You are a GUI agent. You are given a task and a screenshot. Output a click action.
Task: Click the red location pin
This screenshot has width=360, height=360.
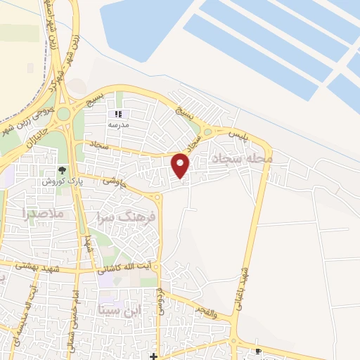181,165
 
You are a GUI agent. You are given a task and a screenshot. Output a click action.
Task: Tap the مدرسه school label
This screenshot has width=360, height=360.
117,124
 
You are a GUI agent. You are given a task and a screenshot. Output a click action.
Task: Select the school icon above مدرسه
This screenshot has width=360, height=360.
117,113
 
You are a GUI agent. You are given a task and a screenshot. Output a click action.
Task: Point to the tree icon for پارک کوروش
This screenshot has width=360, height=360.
61,169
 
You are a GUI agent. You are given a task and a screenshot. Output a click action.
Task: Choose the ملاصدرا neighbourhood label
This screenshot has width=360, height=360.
43,212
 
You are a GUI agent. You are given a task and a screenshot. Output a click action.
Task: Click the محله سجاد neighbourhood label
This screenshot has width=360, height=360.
252,160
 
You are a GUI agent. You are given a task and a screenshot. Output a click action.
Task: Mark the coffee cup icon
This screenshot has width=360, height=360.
258,351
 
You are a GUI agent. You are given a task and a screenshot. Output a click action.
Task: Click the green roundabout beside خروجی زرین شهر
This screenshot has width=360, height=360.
64,114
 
